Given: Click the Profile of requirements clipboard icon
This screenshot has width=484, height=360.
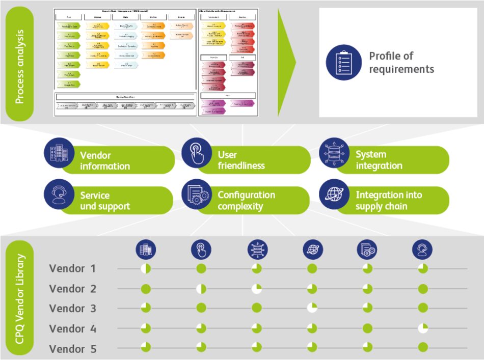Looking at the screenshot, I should coord(344,63).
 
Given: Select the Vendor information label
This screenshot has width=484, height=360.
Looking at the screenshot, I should coord(104,160).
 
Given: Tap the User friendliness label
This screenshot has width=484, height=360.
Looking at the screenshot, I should coord(241,160).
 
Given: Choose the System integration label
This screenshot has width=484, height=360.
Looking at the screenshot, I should coord(379,160).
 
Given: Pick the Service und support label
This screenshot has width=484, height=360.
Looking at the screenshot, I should coord(105,201).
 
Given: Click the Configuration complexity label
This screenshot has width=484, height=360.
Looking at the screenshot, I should coord(246,201).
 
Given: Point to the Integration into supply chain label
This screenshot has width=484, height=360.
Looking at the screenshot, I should coord(388,201).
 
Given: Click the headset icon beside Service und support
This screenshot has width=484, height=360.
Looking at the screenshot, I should coord(59,194).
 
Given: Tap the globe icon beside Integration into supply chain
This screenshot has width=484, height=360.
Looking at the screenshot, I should coord(334,194).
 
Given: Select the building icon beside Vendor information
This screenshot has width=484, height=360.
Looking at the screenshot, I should coord(59,153).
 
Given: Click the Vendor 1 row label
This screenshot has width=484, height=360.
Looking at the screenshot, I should coord(72,268).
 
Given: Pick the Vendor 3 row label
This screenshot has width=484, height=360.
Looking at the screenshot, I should coord(72,309).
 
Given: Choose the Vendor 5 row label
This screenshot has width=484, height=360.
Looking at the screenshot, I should coord(72,349).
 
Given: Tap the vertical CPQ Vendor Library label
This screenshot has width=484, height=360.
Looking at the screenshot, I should coord(20,297).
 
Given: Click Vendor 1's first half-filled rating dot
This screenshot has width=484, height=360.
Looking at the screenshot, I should coord(146,268).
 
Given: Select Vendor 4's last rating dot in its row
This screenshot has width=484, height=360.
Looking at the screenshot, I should coord(422,328).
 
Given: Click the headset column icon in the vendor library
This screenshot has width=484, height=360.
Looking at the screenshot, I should coord(422,250).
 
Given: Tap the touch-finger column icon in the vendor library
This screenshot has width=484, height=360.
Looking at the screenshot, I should coord(201,250).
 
